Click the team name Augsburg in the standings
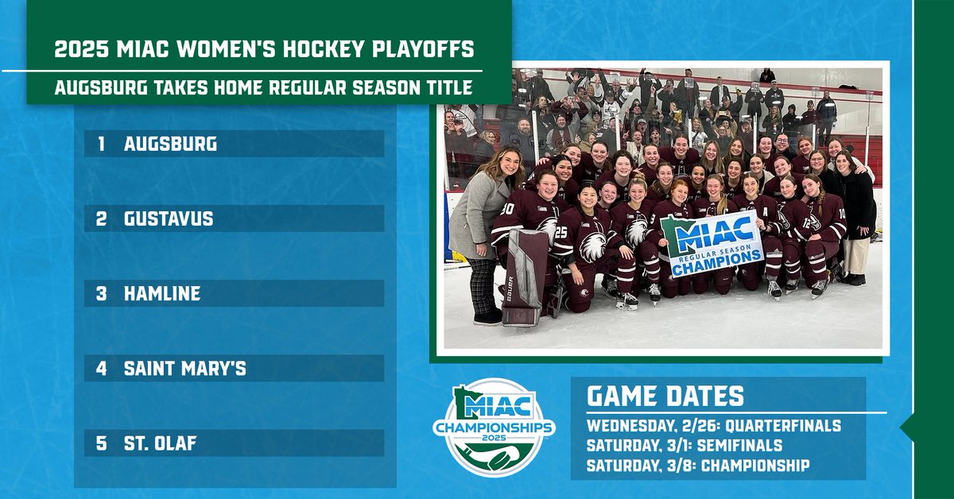(170, 145)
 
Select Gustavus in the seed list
(169, 219)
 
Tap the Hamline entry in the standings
(162, 294)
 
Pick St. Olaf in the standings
(160, 443)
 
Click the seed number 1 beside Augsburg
(101, 145)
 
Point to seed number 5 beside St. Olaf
(101, 443)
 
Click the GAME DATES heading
(665, 396)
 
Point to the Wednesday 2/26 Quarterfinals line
(713, 426)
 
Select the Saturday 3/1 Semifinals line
(684, 445)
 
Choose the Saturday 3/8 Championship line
(697, 465)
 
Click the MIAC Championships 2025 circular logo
(494, 427)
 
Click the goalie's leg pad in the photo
(525, 274)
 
